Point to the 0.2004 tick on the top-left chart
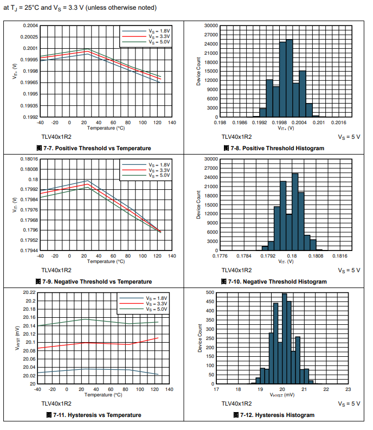(30, 25)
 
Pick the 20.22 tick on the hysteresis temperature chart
(29, 292)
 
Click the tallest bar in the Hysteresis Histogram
(285, 339)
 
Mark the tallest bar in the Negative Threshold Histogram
(295, 211)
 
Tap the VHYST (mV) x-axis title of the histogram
(282, 395)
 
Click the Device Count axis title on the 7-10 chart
(200, 205)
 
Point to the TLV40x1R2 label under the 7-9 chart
(56, 269)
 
